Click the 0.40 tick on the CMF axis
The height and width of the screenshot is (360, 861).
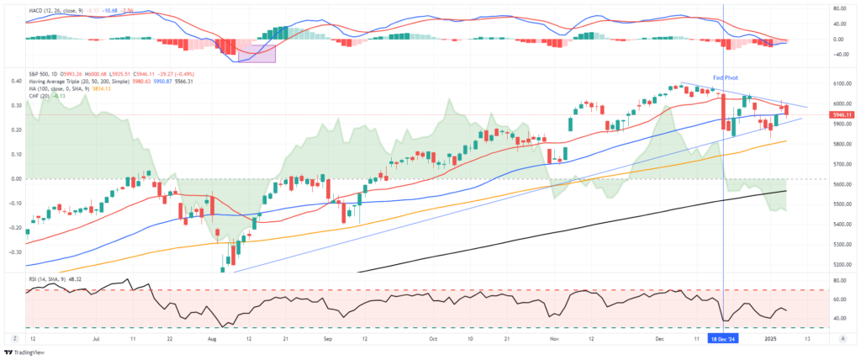(16, 82)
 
